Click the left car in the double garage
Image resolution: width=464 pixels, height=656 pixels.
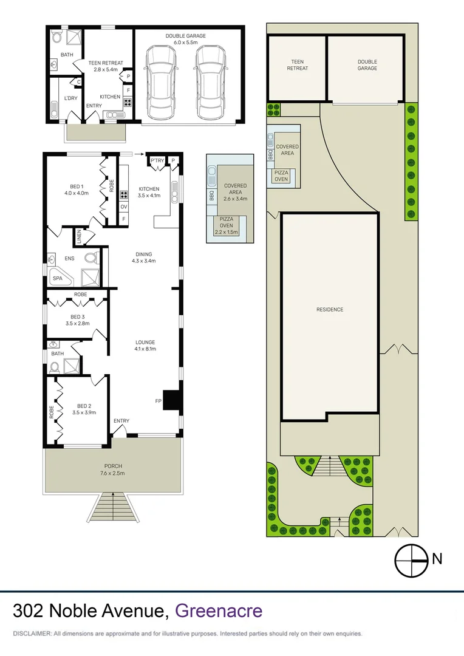point(161,83)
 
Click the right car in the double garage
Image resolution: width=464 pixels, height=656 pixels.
point(210,83)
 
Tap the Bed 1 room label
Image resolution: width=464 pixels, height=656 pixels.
point(77,190)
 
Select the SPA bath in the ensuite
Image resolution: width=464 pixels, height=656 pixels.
point(58,278)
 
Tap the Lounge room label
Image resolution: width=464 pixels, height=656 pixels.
point(145,345)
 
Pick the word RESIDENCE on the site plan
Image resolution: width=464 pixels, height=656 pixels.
point(329,310)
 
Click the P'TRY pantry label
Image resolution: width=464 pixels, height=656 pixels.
point(157,160)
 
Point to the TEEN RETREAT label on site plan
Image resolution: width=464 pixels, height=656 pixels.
point(297,65)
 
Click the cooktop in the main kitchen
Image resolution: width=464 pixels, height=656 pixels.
point(124,195)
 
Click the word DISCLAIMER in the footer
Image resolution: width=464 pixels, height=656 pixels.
point(32,634)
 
